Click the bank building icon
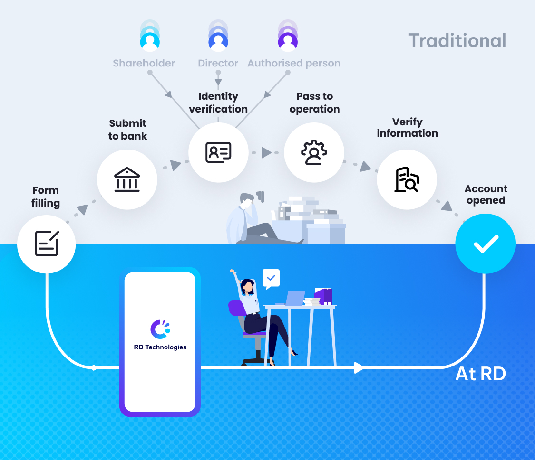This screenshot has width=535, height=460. click(x=127, y=179)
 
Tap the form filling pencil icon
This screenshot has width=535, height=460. click(x=47, y=244)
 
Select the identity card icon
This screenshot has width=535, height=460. click(x=218, y=152)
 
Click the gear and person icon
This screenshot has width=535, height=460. click(x=314, y=152)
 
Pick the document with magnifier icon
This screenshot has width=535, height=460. click(x=407, y=179)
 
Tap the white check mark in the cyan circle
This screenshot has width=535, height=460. click(x=485, y=244)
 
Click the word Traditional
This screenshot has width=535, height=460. click(x=457, y=40)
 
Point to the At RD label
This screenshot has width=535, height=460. click(x=480, y=374)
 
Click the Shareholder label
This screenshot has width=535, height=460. click(x=144, y=63)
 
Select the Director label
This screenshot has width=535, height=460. click(x=218, y=63)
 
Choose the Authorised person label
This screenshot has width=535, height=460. click(x=294, y=63)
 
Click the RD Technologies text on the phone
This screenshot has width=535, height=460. click(x=160, y=347)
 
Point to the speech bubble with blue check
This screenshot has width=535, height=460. click(x=271, y=278)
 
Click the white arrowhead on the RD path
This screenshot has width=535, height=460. click(x=359, y=367)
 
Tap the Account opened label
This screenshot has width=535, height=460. click(x=486, y=195)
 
